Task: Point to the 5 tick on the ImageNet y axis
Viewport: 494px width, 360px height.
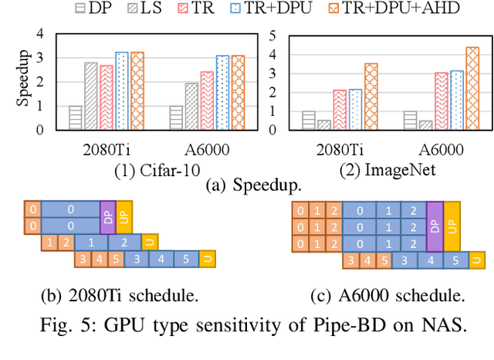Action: click(x=293, y=36)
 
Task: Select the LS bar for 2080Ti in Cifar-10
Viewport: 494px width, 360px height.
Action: click(x=90, y=96)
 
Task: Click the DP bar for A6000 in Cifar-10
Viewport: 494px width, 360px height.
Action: click(x=177, y=117)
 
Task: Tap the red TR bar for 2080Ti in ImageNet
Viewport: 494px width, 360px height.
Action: click(x=340, y=110)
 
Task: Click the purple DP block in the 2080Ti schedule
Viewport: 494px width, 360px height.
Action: click(x=107, y=216)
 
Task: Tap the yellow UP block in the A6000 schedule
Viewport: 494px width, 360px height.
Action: click(x=452, y=226)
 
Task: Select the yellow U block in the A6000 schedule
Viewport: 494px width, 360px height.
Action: click(x=477, y=260)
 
